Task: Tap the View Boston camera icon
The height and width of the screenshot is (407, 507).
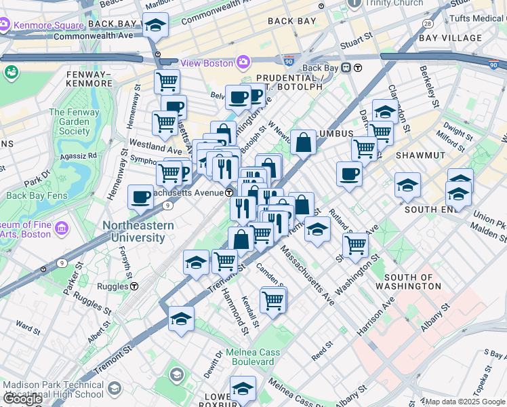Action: (243, 62)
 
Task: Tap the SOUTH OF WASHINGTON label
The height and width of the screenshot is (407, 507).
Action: (412, 282)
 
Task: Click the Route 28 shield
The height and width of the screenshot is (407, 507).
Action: (428, 23)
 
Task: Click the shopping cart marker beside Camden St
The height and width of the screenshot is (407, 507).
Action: (272, 299)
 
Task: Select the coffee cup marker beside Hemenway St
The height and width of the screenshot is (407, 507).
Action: (140, 197)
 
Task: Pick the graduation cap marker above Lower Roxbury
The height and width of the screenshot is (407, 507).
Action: (242, 389)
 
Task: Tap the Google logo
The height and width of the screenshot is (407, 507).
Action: (22, 399)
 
